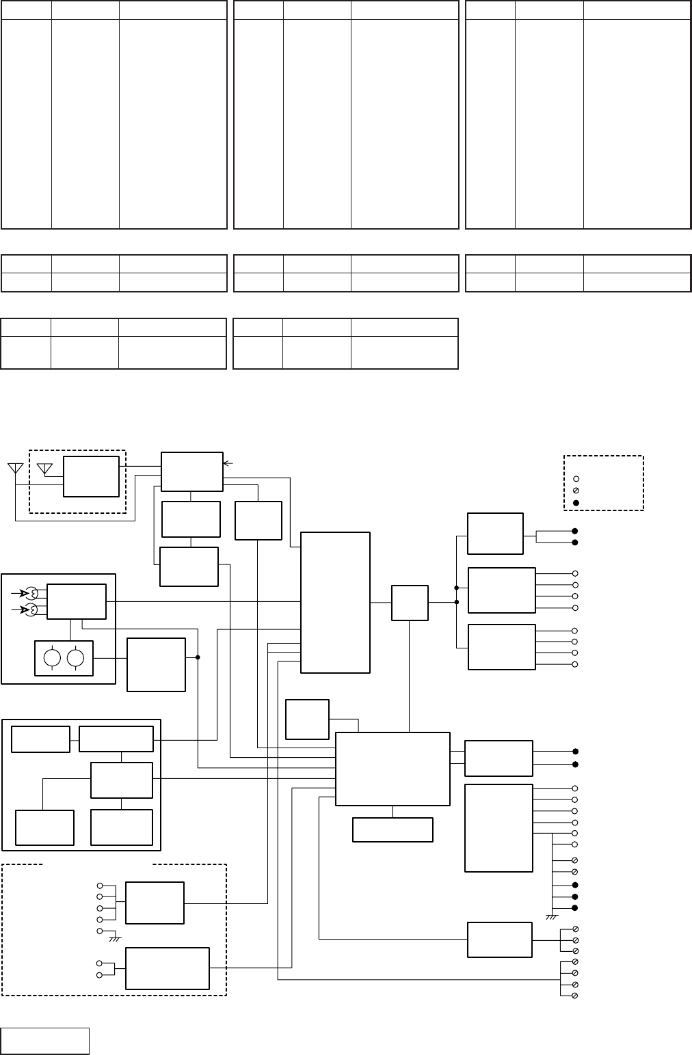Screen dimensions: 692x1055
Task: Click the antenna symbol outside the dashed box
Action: coord(14,469)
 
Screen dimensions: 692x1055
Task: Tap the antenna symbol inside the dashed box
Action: coord(45,469)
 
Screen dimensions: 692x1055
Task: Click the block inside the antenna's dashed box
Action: coord(90,476)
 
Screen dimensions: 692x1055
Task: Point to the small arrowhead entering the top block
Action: coord(228,463)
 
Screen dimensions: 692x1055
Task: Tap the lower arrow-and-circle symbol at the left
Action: coord(29,609)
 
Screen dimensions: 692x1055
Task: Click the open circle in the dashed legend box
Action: coord(576,479)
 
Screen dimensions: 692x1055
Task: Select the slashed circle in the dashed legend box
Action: coord(576,491)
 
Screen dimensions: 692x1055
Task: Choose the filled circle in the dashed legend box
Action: coord(576,504)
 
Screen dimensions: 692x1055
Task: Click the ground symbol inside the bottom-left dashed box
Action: coord(114,939)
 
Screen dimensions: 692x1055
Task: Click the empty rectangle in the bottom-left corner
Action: coord(45,1041)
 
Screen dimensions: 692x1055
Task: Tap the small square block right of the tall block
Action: coord(410,603)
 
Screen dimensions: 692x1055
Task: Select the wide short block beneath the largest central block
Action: coord(392,830)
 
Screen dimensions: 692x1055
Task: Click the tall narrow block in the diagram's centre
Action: coord(335,602)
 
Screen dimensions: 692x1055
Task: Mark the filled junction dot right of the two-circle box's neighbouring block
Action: coord(198,657)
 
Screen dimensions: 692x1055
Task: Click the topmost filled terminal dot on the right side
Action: coord(575,531)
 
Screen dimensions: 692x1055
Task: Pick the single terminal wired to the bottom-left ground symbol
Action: coord(100,931)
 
